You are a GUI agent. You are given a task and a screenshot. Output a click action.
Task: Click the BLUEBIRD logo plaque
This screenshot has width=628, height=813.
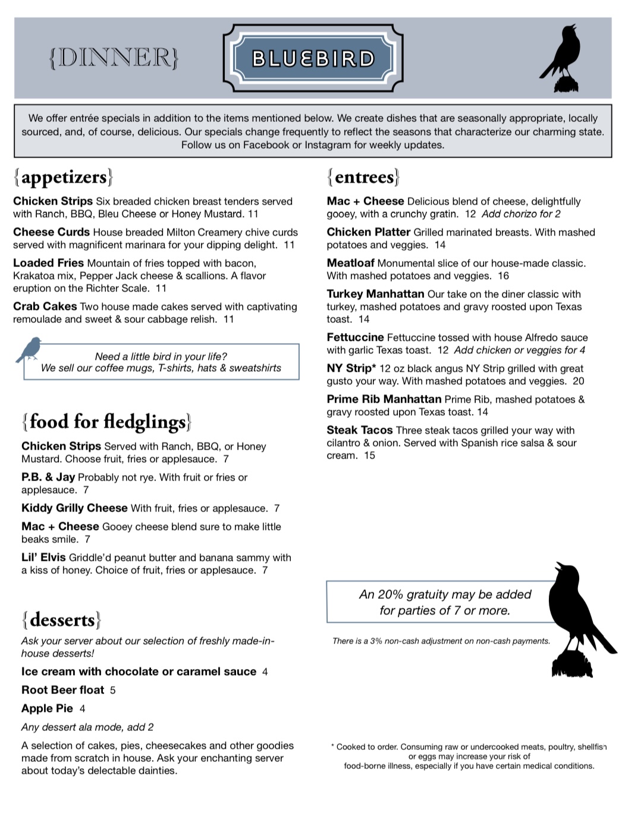pos(313,58)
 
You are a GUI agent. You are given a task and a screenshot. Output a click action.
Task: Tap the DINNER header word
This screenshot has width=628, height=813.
pos(114,58)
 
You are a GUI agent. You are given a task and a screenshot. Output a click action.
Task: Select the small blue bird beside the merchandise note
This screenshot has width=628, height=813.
pos(29,350)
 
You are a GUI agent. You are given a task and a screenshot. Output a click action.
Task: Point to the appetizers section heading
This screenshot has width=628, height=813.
pos(63,177)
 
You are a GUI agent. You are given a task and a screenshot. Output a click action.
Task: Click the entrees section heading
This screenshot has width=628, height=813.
pos(363,177)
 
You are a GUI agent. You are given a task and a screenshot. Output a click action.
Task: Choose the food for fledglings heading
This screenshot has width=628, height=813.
pos(107,422)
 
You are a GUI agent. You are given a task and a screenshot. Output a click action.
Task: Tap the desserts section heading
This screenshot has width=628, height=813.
pos(61,620)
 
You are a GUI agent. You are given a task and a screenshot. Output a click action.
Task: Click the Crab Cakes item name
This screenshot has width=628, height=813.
pos(45,307)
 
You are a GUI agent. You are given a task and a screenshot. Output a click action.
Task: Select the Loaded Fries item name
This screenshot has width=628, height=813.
pos(48,263)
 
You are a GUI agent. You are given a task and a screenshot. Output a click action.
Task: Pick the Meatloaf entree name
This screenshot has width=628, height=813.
pos(350,263)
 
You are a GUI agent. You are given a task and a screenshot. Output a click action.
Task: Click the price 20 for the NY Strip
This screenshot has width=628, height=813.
pos(578,381)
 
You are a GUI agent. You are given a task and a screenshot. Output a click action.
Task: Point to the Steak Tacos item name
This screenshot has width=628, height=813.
pos(360,430)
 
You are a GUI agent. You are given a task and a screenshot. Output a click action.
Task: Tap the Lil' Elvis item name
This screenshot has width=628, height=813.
pos(43,557)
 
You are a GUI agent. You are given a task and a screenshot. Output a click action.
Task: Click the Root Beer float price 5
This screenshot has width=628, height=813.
pos(113,690)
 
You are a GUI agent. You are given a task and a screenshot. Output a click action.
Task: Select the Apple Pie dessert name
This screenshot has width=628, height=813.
pos(47,708)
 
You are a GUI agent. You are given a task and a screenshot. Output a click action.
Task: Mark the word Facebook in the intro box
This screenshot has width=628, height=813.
pos(266,145)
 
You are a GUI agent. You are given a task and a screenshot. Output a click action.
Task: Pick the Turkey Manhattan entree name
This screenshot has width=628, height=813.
pos(375,294)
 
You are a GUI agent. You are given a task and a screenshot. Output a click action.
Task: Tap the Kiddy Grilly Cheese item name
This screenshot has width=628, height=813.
pos(74,508)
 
